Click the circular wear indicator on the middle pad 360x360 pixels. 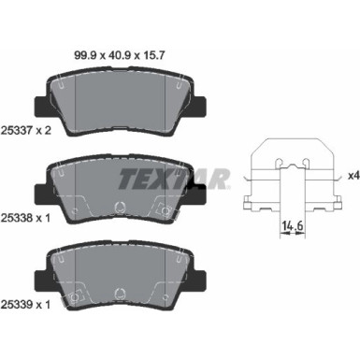(119, 207)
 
